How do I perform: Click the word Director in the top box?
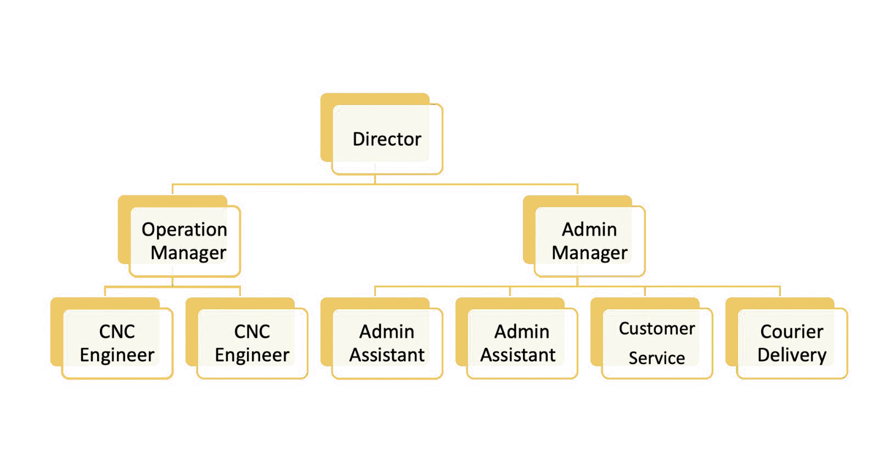tap(386, 139)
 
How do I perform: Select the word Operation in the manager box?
tap(184, 230)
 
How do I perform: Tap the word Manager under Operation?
tap(188, 253)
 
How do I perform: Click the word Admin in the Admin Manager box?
tap(589, 230)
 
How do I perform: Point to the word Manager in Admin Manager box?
tap(589, 253)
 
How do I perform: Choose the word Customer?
tap(657, 328)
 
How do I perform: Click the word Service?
tap(657, 358)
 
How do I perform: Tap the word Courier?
tap(792, 332)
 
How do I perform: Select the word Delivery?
tap(792, 355)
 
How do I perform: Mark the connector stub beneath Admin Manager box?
tap(577, 281)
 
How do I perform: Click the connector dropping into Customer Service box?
tap(645, 292)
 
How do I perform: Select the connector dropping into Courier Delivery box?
tap(780, 292)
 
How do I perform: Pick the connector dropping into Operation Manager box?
tap(172, 189)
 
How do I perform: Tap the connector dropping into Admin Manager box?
tap(577, 189)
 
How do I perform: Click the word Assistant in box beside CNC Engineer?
tap(386, 355)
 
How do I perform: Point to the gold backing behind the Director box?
tap(327, 127)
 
